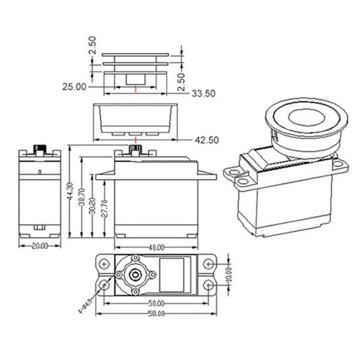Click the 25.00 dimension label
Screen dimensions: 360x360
click(74, 87)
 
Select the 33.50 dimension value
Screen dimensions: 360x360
click(203, 94)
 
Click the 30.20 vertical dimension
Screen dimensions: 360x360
click(93, 204)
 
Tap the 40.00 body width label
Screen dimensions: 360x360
click(155, 247)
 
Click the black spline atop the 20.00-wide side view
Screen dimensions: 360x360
click(41, 148)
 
